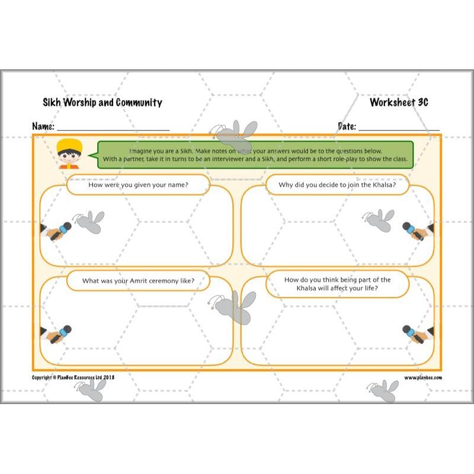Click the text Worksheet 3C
[399, 102]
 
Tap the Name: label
[43, 127]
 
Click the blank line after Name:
[113, 128]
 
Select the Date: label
[347, 126]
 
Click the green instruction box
[255, 155]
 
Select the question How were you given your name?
[138, 184]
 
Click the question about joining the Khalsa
[337, 184]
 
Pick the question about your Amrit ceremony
[138, 280]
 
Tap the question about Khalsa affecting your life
[337, 284]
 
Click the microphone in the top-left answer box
[60, 231]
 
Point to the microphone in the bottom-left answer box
[60, 334]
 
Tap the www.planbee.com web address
[423, 377]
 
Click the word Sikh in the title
[52, 103]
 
